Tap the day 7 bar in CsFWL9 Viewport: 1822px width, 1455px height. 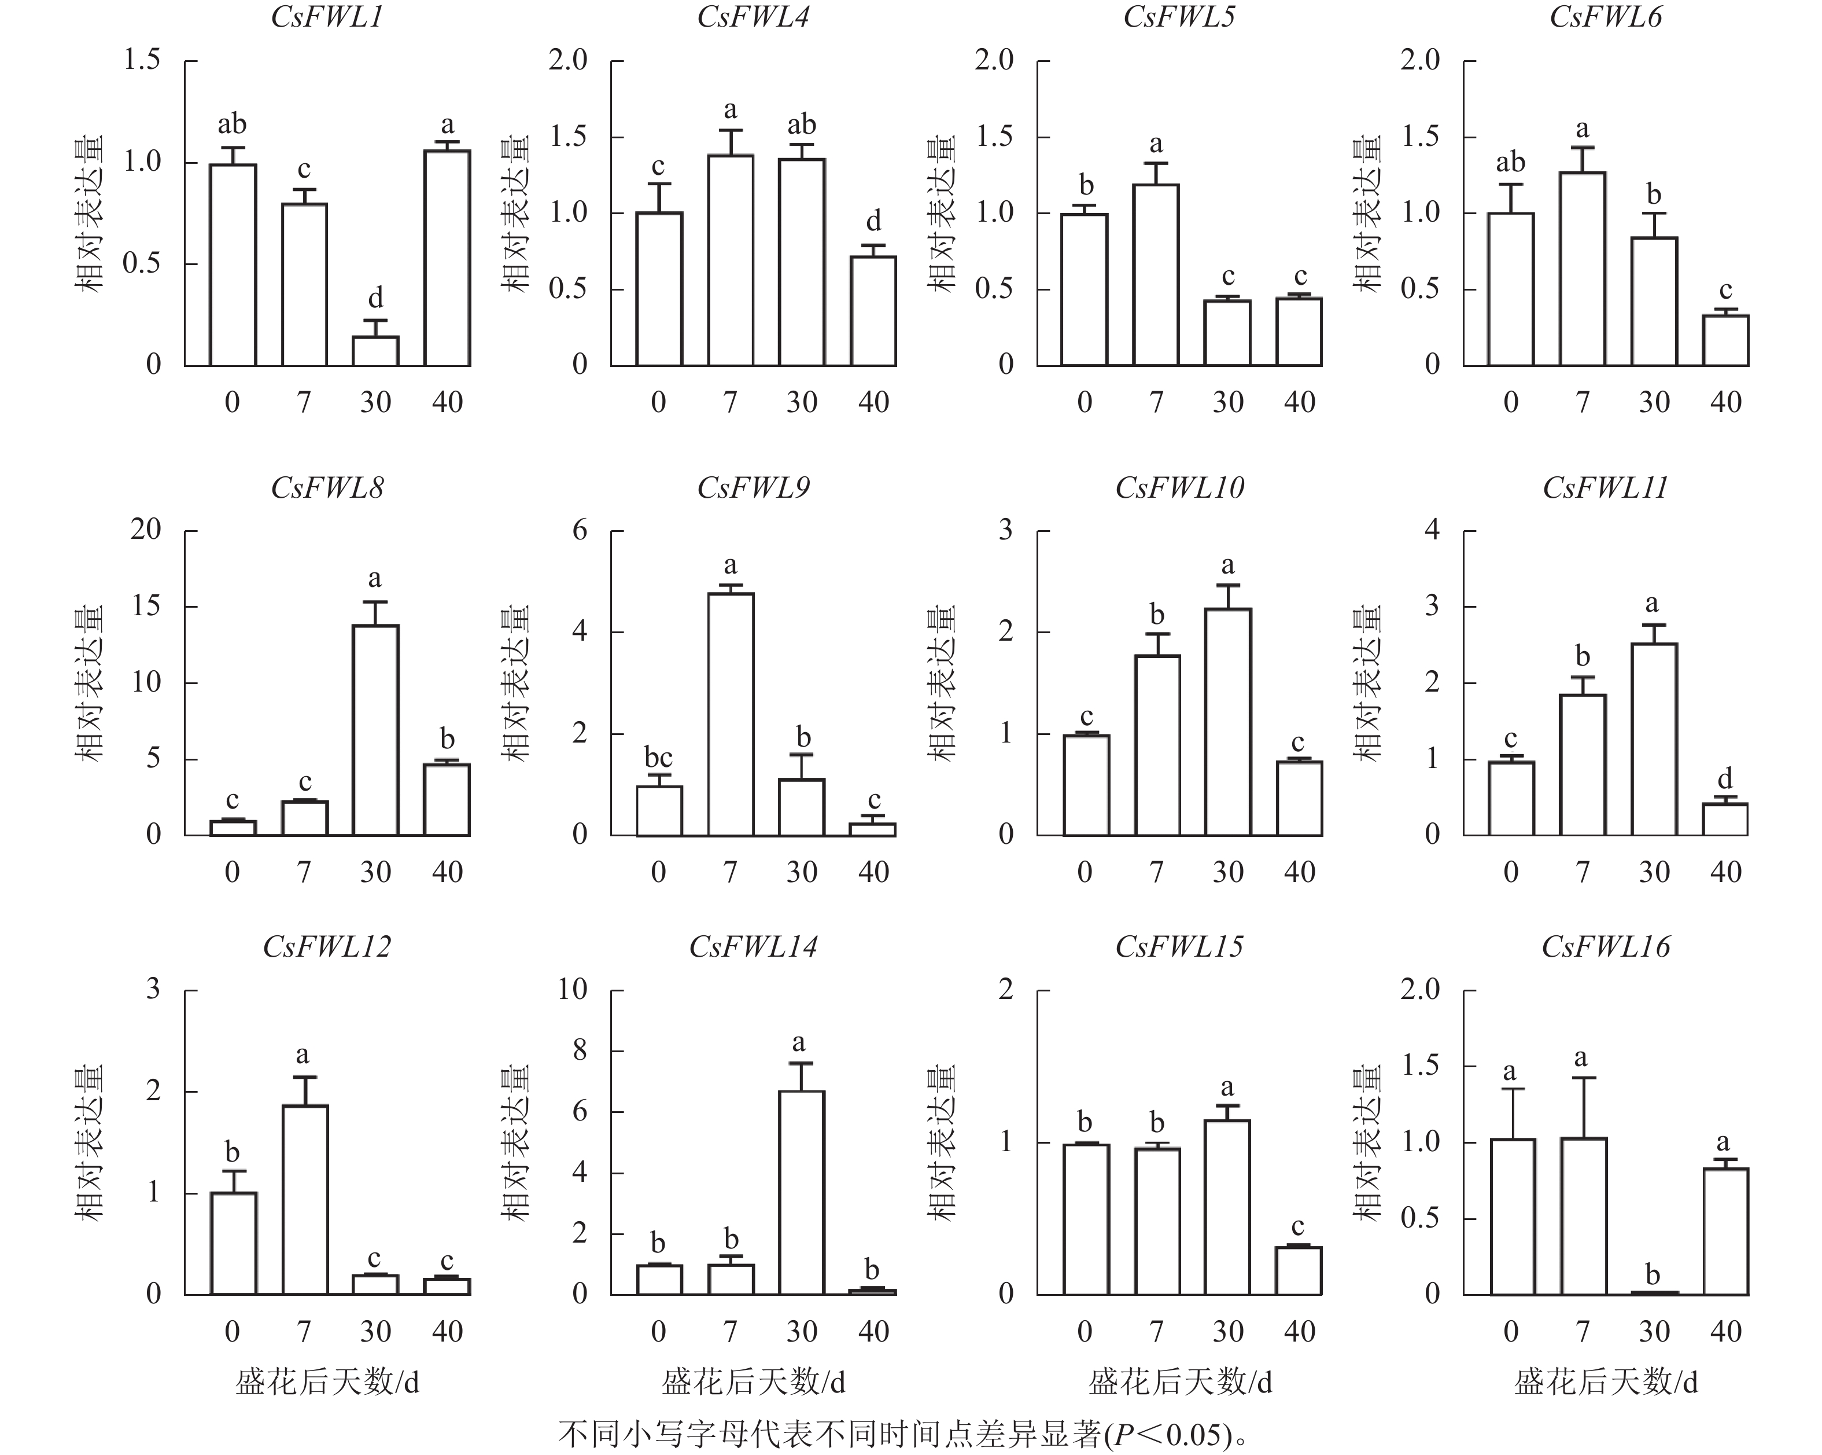[x=730, y=714]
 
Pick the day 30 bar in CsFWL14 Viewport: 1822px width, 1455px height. [x=801, y=1192]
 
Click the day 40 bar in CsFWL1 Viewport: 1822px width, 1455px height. [x=447, y=258]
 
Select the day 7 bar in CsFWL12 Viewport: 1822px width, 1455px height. [x=304, y=1199]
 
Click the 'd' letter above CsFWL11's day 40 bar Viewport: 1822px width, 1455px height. [x=1725, y=778]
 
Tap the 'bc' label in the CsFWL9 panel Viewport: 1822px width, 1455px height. [x=658, y=756]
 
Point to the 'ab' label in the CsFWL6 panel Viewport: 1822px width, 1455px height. [x=1510, y=162]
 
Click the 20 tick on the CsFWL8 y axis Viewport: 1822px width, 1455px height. [x=145, y=530]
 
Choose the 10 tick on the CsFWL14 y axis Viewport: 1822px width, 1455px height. [x=572, y=989]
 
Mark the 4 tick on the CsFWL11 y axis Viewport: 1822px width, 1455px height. [x=1432, y=530]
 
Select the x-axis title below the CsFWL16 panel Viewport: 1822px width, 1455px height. [x=1606, y=1382]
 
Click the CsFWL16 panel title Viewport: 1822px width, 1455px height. [x=1606, y=947]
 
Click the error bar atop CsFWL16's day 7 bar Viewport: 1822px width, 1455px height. [x=1584, y=1108]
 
